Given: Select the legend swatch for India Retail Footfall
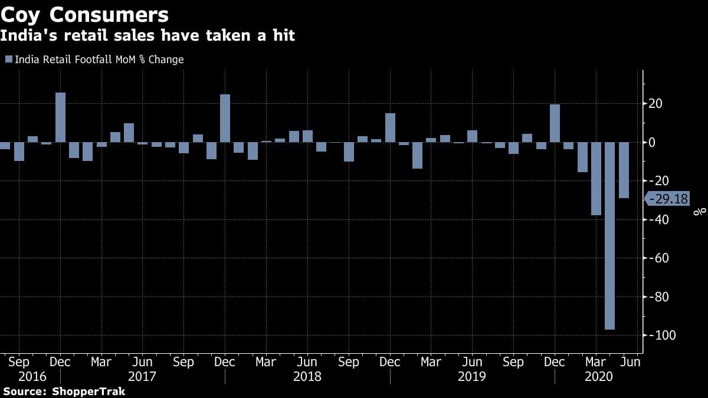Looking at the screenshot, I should [x=9, y=60].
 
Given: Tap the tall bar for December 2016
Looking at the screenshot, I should [x=60, y=117].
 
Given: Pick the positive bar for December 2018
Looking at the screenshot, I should [x=389, y=127].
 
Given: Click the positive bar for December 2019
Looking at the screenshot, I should [x=555, y=123].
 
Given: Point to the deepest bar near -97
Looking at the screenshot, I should [x=609, y=236].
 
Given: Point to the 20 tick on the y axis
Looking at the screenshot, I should [x=656, y=104].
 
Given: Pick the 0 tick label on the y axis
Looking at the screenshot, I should [x=653, y=143].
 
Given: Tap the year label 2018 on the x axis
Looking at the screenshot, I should [x=307, y=376].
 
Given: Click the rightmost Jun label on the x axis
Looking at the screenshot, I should [x=630, y=361].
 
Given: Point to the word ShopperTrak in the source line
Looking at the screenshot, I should [x=88, y=392].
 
